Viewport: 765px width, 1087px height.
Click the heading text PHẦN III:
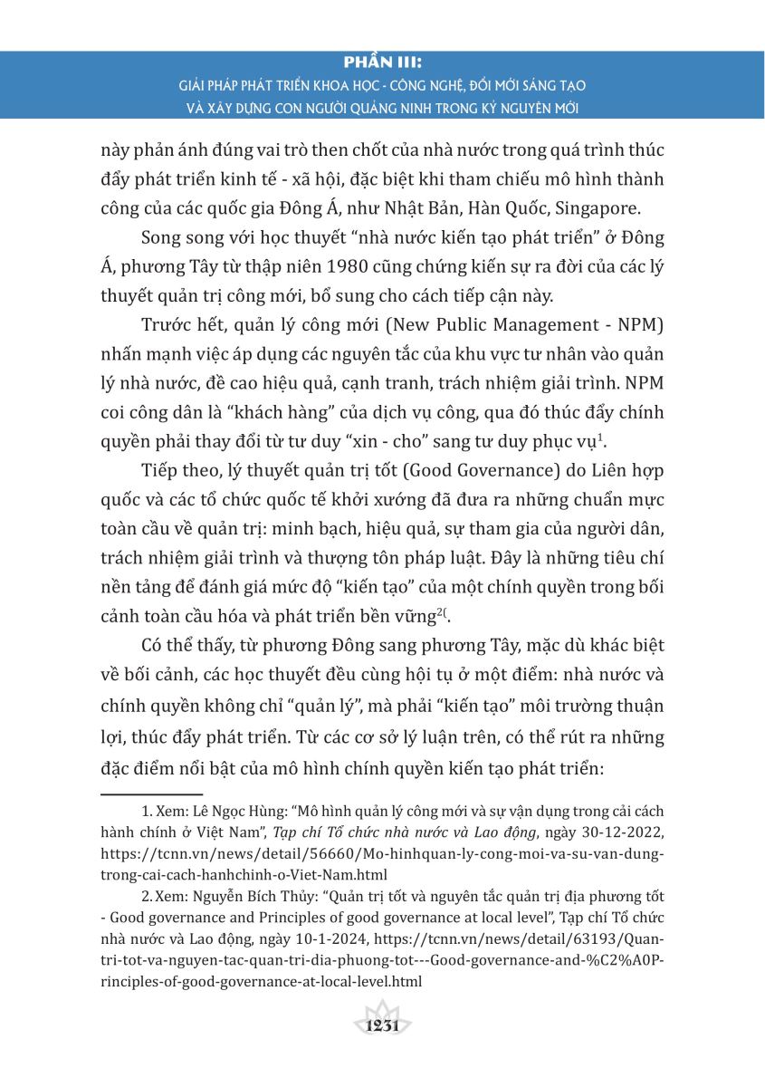382,64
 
